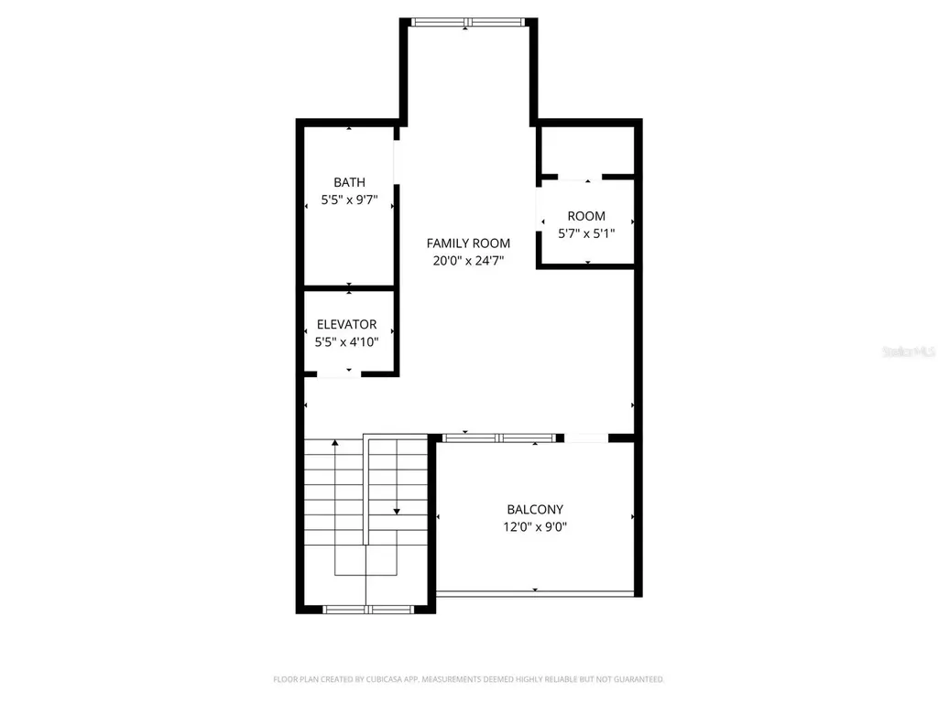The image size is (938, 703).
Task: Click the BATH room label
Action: (x=349, y=182)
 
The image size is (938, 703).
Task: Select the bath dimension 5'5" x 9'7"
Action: (x=349, y=200)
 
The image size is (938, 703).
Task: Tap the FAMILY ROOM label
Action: (x=468, y=243)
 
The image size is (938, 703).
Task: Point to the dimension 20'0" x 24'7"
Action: (x=468, y=261)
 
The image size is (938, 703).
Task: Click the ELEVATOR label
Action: (x=347, y=324)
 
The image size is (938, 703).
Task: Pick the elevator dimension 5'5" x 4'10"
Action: (x=347, y=341)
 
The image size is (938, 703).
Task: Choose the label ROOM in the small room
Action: (x=586, y=216)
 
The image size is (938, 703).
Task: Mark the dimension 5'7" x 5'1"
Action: (x=586, y=233)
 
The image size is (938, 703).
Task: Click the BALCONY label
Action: (x=535, y=509)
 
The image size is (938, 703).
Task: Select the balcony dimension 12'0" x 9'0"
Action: (x=535, y=526)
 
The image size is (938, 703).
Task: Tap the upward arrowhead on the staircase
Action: (x=335, y=443)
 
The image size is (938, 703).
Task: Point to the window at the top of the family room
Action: (x=467, y=22)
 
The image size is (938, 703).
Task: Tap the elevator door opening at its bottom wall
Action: (x=348, y=373)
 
